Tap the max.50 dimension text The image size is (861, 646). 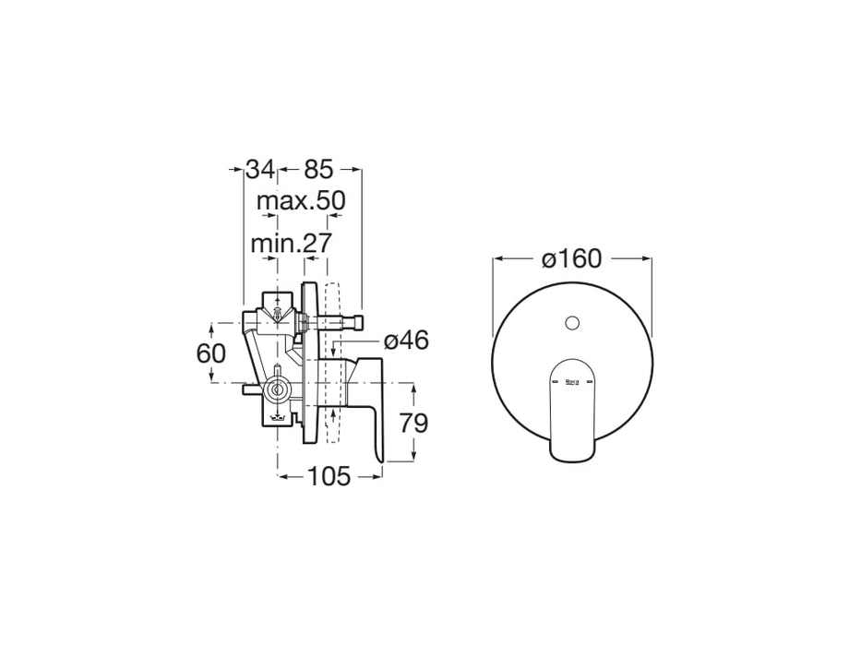point(300,200)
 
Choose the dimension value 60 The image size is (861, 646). point(211,353)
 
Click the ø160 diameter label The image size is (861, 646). point(572,258)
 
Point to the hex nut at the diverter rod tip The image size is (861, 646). point(356,321)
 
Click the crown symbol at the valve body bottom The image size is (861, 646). point(278,419)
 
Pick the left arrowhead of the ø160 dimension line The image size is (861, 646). point(497,258)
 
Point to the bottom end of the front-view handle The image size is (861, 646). point(572,455)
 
